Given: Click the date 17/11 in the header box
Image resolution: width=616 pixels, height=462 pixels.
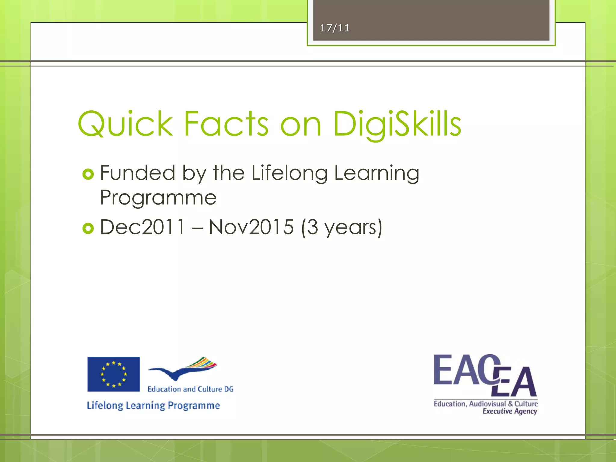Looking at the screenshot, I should (x=334, y=28).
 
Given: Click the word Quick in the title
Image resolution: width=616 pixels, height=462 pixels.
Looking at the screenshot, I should (x=125, y=124).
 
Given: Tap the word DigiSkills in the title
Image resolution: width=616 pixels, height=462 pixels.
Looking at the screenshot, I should (x=397, y=124).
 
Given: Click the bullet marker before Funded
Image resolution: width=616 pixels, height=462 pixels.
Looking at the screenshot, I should (x=88, y=174).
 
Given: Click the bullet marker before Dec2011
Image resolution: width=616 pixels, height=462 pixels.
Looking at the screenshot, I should (x=88, y=229).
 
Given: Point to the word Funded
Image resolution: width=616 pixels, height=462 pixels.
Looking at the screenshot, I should (x=137, y=173).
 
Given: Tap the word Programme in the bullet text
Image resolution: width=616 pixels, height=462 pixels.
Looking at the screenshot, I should (x=158, y=198).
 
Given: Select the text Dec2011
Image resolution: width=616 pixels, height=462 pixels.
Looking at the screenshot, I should (x=142, y=227).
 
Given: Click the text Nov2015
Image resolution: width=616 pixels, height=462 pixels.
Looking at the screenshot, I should (x=251, y=227).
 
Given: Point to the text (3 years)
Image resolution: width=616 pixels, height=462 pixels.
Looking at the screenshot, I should (x=342, y=227).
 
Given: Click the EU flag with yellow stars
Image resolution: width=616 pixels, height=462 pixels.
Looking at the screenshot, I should (x=114, y=374).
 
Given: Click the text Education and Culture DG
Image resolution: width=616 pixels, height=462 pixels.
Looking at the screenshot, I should (x=190, y=389).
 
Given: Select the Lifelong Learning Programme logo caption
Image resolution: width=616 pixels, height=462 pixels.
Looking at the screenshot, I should (x=153, y=405).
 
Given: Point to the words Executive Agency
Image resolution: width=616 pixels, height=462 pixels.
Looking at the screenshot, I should (x=510, y=411).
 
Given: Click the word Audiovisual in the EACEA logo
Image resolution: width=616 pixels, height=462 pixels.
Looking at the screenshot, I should (x=487, y=404).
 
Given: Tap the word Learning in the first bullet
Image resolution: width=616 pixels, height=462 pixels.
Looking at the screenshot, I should (x=377, y=174).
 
